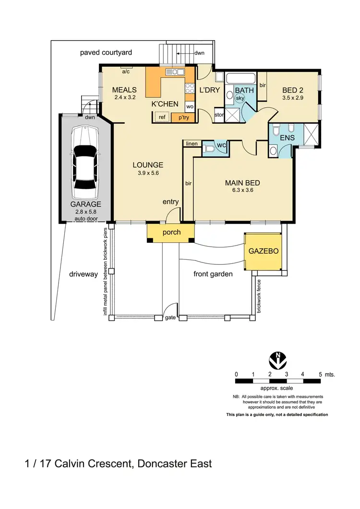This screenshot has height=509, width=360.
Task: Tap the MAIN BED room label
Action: [242, 183]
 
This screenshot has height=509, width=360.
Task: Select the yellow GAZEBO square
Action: [263, 251]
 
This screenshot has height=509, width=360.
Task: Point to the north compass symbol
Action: [278, 361]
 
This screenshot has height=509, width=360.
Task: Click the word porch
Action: [171, 232]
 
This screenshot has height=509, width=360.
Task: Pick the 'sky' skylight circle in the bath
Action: [240, 98]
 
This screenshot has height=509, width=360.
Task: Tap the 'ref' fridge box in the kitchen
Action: [162, 117]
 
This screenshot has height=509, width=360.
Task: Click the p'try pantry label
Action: [183, 118]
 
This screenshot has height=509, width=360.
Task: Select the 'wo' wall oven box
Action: [190, 107]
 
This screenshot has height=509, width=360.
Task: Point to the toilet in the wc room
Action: [208, 149]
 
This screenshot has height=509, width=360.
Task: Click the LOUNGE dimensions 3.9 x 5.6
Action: [148, 173]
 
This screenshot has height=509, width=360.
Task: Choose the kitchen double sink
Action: [175, 72]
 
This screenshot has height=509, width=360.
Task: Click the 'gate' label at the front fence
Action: [170, 318]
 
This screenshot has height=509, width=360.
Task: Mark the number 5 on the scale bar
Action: [320, 374]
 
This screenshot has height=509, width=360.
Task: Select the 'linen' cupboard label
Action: [192, 143]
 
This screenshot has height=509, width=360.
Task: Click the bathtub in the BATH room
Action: [240, 79]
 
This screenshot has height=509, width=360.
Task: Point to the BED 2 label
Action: [293, 90]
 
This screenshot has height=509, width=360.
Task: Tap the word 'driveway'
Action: [84, 274]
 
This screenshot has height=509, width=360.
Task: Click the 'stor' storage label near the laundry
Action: [219, 115]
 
